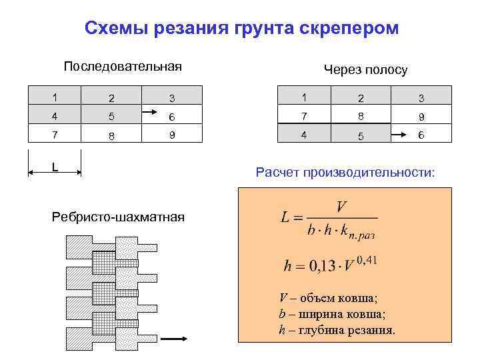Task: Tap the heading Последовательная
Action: click(x=123, y=67)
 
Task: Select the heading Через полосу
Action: click(x=365, y=70)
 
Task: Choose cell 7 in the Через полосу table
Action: click(x=304, y=116)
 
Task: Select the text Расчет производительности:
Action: click(x=345, y=173)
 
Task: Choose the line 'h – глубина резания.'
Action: click(x=337, y=330)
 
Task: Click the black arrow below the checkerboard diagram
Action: click(x=173, y=339)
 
